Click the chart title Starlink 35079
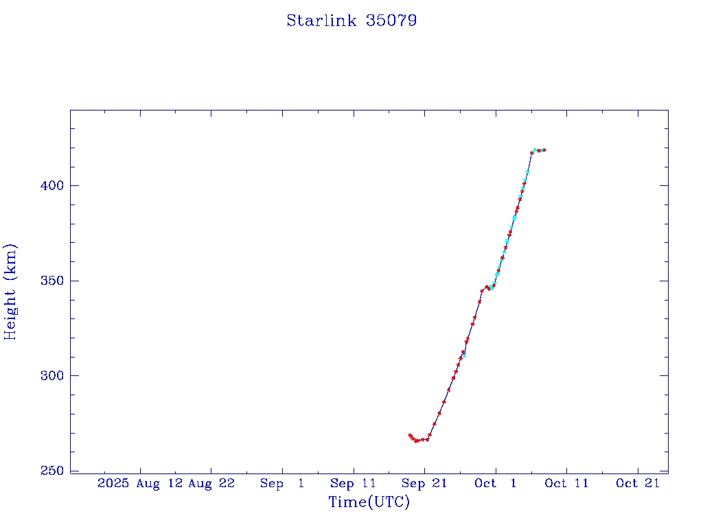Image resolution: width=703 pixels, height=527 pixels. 351,21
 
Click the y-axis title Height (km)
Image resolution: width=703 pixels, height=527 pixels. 11,292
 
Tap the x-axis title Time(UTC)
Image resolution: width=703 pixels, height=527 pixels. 369,502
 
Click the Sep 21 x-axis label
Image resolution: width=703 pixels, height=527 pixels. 424,483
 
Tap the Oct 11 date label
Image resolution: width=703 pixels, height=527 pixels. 566,483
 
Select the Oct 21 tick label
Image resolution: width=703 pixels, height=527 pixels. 638,483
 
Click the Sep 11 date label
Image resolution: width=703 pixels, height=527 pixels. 354,483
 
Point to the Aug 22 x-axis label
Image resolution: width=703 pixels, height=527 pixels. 211,483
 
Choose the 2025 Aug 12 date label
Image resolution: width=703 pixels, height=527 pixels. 140,483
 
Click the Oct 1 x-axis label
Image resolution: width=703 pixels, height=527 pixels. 495,483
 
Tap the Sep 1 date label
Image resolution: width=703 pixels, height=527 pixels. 282,483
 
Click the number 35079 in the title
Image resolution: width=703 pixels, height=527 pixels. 391,21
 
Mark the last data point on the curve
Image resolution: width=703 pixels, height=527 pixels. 544,150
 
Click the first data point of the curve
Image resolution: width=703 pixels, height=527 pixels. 409,435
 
